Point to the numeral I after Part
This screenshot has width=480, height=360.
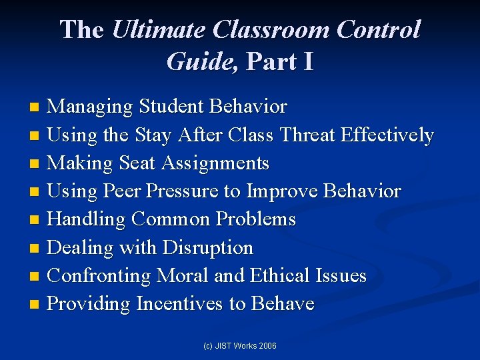(307, 61)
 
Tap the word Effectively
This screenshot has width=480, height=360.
(387, 135)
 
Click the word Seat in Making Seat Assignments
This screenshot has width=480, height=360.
(138, 163)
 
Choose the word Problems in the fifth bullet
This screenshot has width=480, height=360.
(259, 219)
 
